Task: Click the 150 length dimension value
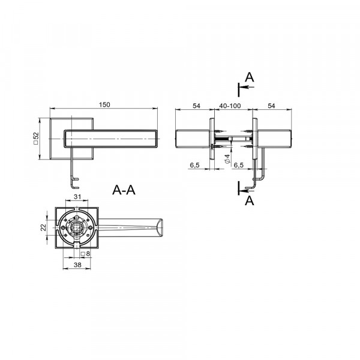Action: tap(104, 104)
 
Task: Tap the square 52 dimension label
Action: tap(36, 138)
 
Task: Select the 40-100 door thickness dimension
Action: tap(230, 106)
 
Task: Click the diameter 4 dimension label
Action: tap(227, 159)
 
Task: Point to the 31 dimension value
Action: tap(77, 197)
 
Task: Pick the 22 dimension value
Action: tap(43, 227)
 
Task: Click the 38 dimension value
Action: tap(77, 265)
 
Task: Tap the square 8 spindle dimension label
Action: tap(85, 254)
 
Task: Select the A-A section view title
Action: tap(124, 190)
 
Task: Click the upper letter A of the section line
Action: tap(250, 77)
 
